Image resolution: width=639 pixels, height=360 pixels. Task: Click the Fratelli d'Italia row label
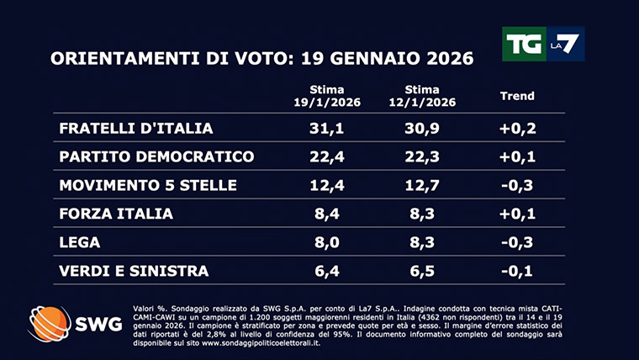136,129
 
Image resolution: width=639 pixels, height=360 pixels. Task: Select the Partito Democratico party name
156,157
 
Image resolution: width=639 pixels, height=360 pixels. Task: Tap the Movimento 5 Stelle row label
148,186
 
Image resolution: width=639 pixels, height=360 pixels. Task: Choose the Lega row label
80,243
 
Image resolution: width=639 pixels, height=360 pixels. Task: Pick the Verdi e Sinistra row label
134,271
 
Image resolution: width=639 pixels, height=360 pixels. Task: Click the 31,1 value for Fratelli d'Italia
330,129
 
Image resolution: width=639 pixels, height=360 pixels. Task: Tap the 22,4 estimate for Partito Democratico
330,157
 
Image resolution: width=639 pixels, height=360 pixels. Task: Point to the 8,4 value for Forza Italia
330,214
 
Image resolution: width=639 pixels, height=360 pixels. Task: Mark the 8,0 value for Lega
330,243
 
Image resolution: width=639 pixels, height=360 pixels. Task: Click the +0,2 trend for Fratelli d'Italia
518,129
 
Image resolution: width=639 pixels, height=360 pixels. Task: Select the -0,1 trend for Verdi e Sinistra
518,271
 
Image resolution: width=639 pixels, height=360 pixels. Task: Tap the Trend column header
517,96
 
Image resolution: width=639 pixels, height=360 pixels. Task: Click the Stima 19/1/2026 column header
330,95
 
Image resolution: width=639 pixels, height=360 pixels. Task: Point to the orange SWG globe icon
50,324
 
